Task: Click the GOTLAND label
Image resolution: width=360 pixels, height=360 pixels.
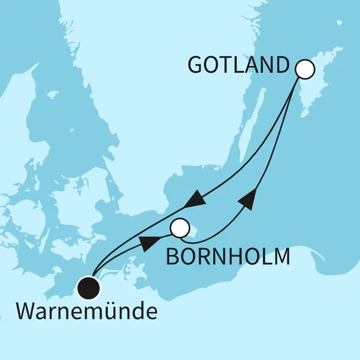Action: pyautogui.click(x=238, y=66)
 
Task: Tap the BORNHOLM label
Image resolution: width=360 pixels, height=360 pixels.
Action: pyautogui.click(x=228, y=257)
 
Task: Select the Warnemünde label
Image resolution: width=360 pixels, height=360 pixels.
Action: pyautogui.click(x=87, y=312)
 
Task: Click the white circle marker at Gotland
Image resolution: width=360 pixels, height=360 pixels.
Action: pyautogui.click(x=305, y=69)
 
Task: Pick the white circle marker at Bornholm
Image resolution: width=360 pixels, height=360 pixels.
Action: pyautogui.click(x=180, y=228)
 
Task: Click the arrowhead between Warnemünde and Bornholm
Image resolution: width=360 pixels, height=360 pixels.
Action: pyautogui.click(x=149, y=242)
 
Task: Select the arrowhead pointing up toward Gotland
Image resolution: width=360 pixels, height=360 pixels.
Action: pyautogui.click(x=248, y=199)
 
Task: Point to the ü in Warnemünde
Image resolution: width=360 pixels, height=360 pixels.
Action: pyautogui.click(x=116, y=312)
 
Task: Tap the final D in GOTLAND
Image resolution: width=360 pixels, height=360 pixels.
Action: pyautogui.click(x=280, y=66)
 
